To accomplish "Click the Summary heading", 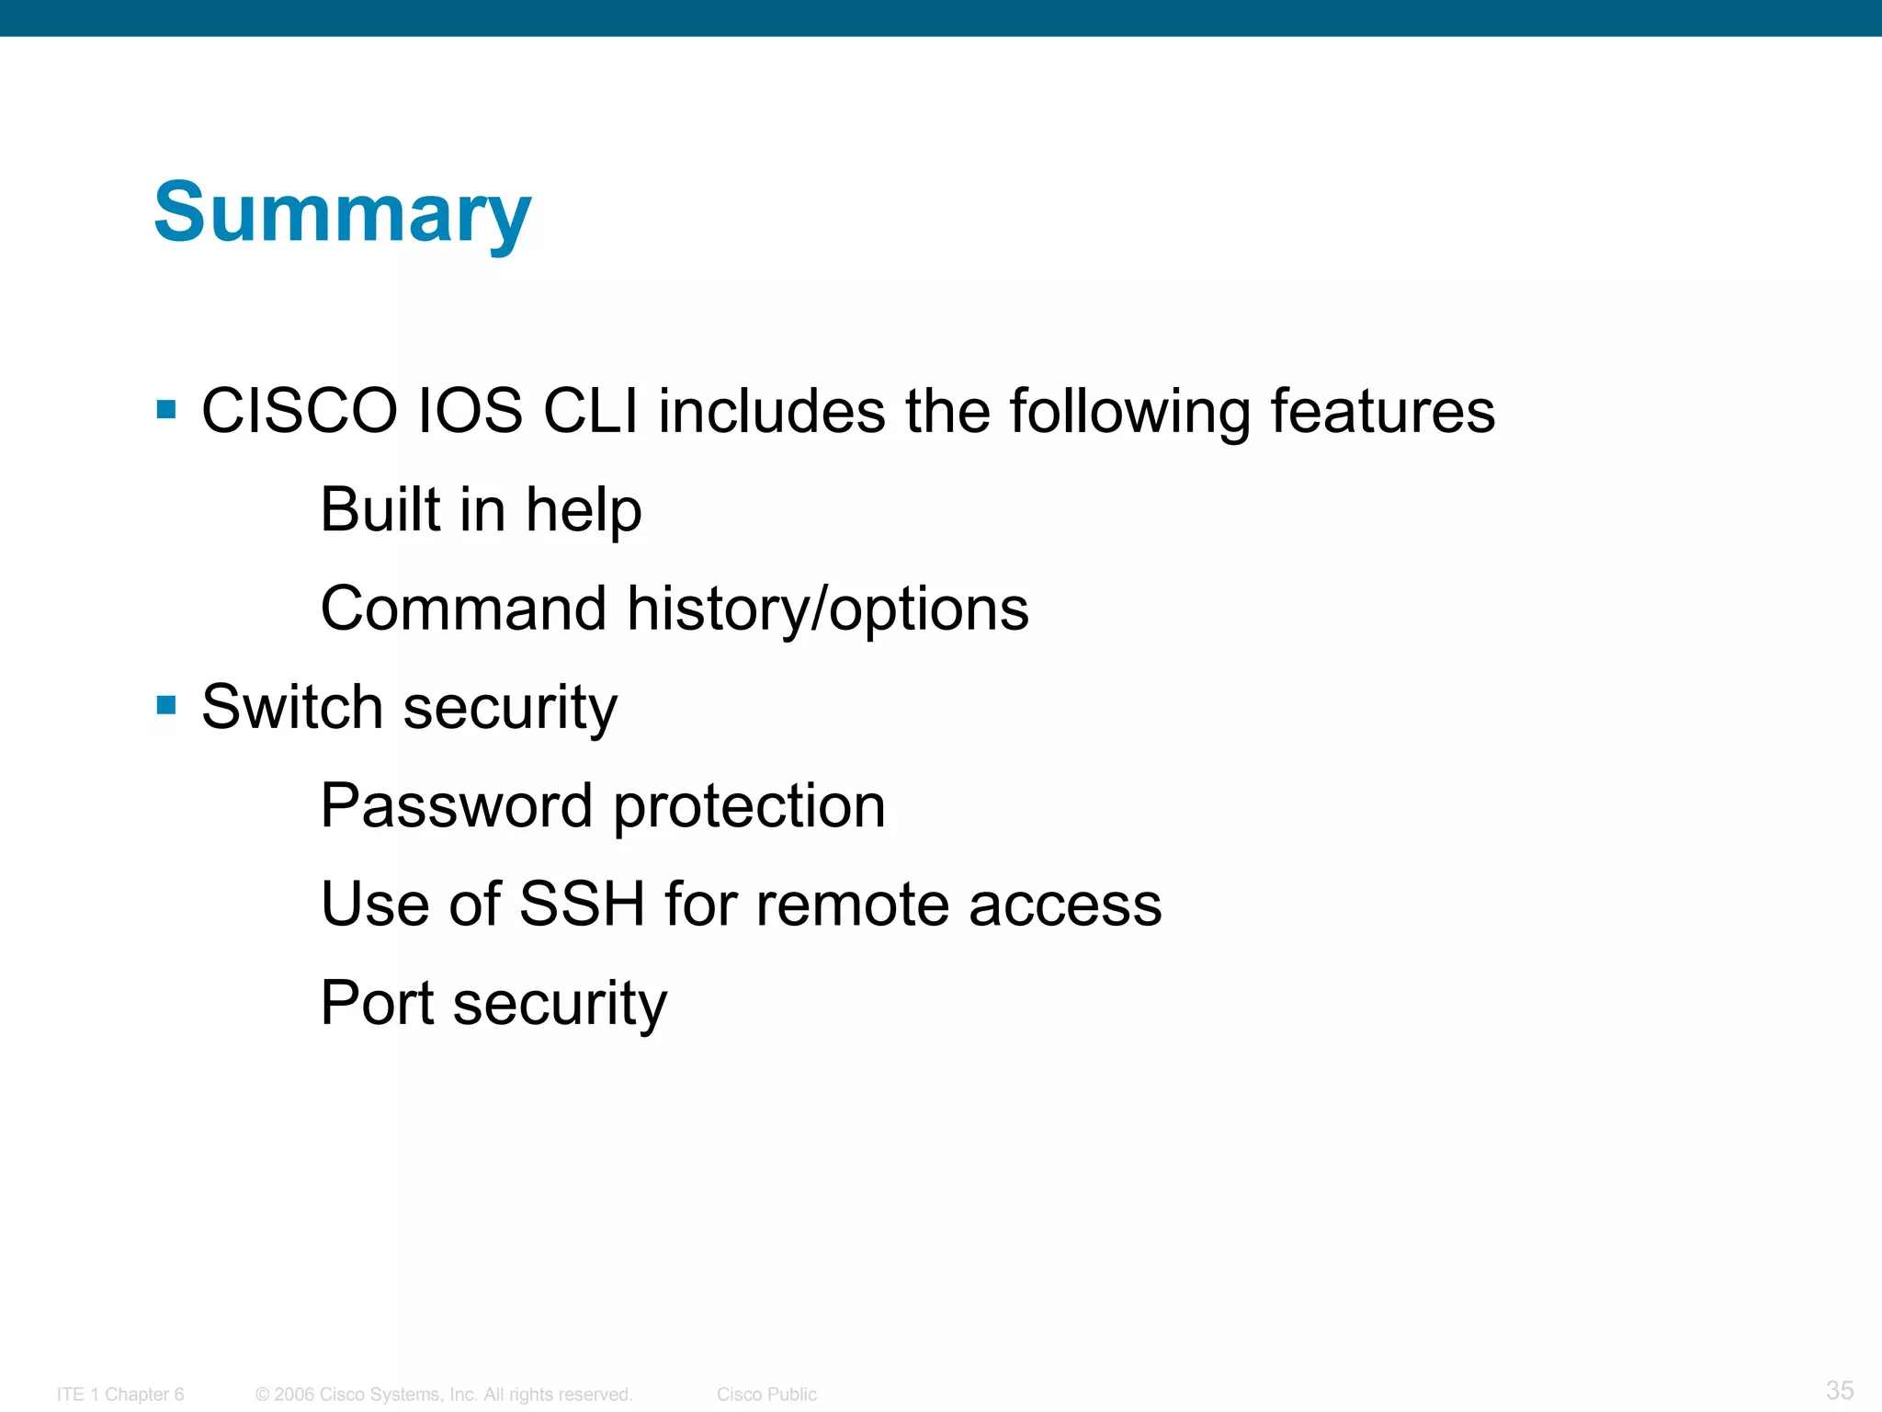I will point(342,213).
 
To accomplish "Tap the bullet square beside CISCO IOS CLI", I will point(166,409).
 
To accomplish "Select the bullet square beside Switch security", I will point(166,705).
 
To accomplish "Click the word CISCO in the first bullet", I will point(299,411).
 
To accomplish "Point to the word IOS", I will point(470,411).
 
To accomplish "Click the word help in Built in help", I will point(584,510).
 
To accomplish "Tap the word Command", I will point(463,609).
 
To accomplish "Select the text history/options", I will point(827,610).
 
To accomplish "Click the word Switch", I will point(291,707).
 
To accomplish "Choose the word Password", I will point(456,806).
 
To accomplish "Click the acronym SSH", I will point(582,905).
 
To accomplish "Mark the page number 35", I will point(1840,1390).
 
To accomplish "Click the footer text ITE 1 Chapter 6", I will point(120,1395).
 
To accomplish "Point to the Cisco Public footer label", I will point(766,1395).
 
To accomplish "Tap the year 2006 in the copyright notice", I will point(294,1395).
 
